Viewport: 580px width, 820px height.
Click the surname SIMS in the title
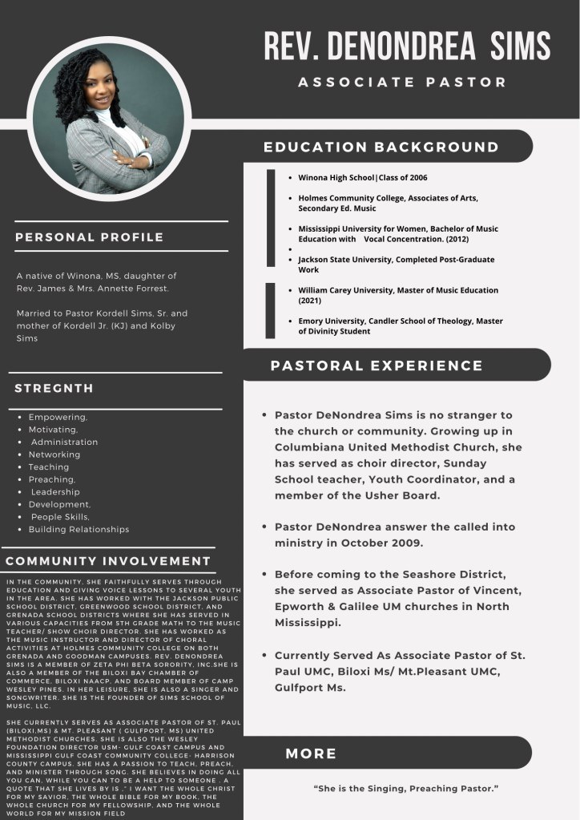(x=522, y=46)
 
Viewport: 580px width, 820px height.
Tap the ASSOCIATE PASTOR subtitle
(x=402, y=82)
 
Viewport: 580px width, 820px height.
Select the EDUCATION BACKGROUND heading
(x=381, y=147)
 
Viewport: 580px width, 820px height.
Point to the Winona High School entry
(x=363, y=177)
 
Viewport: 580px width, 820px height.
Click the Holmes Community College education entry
(x=388, y=203)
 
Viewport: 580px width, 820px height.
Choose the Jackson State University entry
(x=396, y=265)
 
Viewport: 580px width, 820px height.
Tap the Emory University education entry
(x=400, y=326)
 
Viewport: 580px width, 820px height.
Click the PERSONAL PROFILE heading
(x=89, y=237)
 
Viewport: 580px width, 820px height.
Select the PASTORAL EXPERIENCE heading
(x=377, y=366)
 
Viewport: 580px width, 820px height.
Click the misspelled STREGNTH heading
(x=54, y=389)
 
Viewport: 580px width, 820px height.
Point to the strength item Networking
(x=54, y=454)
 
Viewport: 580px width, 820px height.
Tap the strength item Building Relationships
(x=79, y=529)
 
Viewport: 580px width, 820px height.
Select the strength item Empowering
(x=58, y=417)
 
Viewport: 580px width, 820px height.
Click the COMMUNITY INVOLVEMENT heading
(x=108, y=561)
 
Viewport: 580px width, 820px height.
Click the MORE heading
(x=311, y=753)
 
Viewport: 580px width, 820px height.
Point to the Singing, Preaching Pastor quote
(x=406, y=789)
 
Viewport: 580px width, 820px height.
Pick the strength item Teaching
(x=49, y=467)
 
